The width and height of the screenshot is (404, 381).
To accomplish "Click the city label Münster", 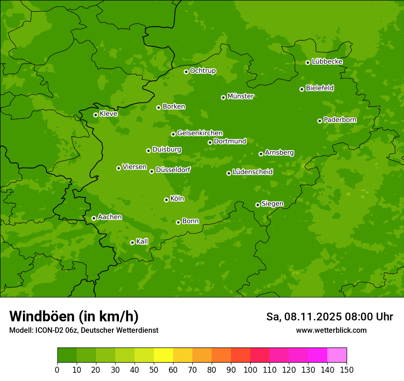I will point(241,96).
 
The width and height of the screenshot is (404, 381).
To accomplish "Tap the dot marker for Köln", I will point(166,200).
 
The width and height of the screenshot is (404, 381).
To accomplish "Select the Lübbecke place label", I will point(327,62).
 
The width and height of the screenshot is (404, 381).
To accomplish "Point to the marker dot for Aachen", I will point(94,218).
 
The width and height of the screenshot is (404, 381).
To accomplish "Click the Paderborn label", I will point(340,120).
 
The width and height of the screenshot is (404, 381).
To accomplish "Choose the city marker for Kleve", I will point(95,115).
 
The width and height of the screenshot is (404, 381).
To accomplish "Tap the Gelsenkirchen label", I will point(200,133).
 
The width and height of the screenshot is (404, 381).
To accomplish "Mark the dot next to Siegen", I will point(258,205).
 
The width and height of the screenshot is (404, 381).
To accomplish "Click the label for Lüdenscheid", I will point(252,172).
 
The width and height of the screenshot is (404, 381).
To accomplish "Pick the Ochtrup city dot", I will point(186,72).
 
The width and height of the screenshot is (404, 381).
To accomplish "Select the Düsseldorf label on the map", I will point(173,170).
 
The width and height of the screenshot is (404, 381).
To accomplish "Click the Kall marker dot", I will point(132,242).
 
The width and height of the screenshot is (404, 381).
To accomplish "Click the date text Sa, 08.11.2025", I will point(303,317).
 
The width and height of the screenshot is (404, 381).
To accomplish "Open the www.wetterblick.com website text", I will point(331,330).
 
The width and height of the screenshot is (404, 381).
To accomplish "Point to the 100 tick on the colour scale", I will point(250,370).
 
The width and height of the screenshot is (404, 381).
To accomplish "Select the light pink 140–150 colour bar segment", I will point(337,355).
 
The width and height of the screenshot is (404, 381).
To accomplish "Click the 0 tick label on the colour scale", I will point(57,370).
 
